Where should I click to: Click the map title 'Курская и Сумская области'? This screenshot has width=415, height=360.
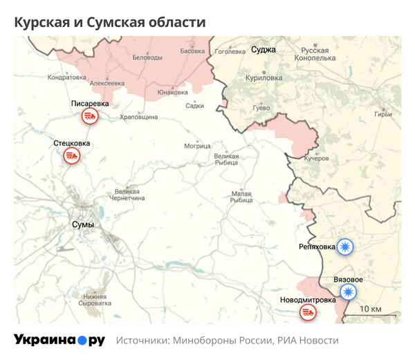pos(110,23)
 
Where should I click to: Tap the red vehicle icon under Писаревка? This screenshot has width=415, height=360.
pos(89,116)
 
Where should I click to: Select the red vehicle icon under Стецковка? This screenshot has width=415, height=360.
pos(71,156)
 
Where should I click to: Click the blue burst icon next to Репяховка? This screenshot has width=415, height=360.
pos(344,246)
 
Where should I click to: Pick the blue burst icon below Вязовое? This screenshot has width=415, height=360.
pos(349,292)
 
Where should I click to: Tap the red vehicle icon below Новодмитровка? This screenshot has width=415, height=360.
pos(308,312)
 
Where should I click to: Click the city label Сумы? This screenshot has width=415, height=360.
pos(82,225)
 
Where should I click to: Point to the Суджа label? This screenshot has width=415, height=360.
pos(264,50)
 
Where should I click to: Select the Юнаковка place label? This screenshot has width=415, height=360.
pos(173,92)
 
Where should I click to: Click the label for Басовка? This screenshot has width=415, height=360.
pos(192,51)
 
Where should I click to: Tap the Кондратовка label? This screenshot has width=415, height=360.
pos(66,78)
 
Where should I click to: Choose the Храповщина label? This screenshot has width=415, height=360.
pos(138,117)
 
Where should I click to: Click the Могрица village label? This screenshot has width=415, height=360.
pos(197,146)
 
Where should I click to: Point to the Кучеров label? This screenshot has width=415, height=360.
pos(316,159)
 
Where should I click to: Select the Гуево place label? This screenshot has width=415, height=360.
pos(261,109)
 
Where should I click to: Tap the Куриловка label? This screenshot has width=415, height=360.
pos(264,78)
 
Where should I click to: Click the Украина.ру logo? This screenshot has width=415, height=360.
pos(59,340)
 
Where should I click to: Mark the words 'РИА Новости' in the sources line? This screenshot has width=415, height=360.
pos(308,341)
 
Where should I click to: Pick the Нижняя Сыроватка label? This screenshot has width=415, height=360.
pos(95,300)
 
